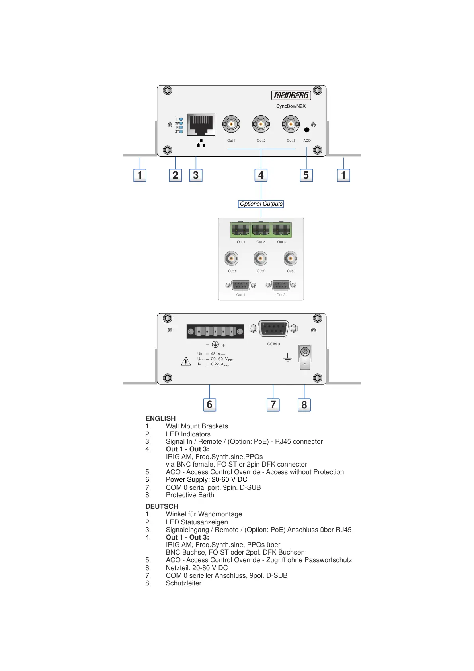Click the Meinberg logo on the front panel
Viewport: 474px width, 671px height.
pyautogui.click(x=291, y=95)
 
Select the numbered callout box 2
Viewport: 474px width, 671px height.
pyautogui.click(x=175, y=175)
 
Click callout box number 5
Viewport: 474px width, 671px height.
pyautogui.click(x=306, y=175)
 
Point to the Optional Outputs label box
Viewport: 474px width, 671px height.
pyautogui.click(x=261, y=204)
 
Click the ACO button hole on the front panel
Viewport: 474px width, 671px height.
pyautogui.click(x=306, y=130)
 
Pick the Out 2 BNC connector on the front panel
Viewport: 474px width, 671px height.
pyautogui.click(x=261, y=124)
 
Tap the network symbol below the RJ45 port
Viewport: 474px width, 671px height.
pyautogui.click(x=201, y=143)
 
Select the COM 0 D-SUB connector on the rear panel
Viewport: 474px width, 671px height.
pyautogui.click(x=273, y=329)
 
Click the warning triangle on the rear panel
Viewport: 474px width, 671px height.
pyautogui.click(x=186, y=362)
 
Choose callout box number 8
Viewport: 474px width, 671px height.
pyautogui.click(x=304, y=405)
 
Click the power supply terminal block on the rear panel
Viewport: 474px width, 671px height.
pyautogui.click(x=215, y=332)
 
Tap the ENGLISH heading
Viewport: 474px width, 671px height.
pyautogui.click(x=160, y=418)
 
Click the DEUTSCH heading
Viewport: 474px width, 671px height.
pyautogui.click(x=162, y=506)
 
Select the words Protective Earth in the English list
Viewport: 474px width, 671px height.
pyautogui.click(x=190, y=495)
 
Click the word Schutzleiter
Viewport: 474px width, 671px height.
pyautogui.click(x=183, y=583)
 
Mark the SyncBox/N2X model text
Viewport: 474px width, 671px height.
pyautogui.click(x=291, y=106)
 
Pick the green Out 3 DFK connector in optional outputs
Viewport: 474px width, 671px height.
pyautogui.click(x=281, y=230)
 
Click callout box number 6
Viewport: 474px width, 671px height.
pyautogui.click(x=209, y=405)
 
